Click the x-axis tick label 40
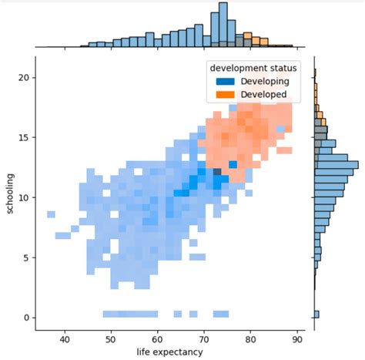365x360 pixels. click(x=65, y=338)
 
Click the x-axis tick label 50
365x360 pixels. click(x=111, y=338)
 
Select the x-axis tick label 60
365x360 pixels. click(x=158, y=338)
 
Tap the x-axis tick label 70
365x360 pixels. click(x=204, y=338)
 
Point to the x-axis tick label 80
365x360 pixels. click(x=251, y=338)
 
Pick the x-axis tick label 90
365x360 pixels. click(x=297, y=338)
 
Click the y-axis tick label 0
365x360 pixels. click(x=26, y=318)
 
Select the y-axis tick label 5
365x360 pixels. click(x=26, y=257)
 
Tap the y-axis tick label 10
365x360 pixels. click(x=23, y=197)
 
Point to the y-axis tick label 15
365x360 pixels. click(x=23, y=137)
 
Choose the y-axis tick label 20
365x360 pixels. click(x=23, y=78)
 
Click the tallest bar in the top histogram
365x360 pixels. click(x=223, y=23)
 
